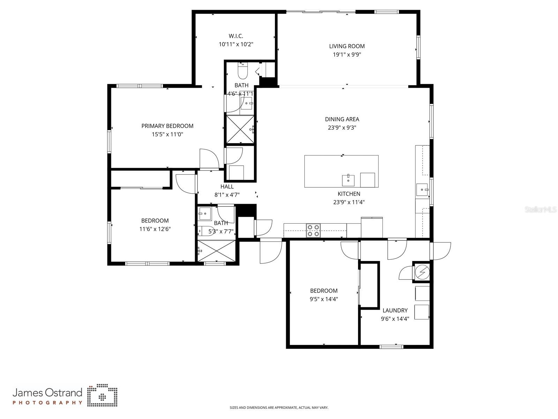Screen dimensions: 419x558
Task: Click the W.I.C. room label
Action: point(236,36)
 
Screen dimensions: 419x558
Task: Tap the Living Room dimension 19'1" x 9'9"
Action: point(347,55)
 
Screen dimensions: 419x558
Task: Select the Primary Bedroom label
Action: point(167,126)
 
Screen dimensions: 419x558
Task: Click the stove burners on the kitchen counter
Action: point(313,231)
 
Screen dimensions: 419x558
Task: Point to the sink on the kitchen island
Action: point(348,180)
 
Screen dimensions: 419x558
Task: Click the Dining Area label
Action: point(342,119)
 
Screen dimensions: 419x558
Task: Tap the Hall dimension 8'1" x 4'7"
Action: point(227,195)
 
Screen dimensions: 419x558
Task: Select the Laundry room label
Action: point(395,310)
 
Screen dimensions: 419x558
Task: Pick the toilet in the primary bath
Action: point(242,71)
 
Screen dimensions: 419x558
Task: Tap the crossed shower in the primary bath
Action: point(240,129)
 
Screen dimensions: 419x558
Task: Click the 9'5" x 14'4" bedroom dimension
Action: point(323,299)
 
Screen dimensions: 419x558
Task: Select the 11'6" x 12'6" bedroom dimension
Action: point(155,229)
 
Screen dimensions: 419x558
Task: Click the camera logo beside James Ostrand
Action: point(102,396)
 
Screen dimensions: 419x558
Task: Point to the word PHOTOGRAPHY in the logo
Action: point(47,403)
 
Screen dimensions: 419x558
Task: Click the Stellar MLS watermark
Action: point(541,210)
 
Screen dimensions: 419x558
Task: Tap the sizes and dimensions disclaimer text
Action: point(279,407)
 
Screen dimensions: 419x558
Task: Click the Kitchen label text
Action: point(349,194)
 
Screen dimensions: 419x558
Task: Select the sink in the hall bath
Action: point(204,213)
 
